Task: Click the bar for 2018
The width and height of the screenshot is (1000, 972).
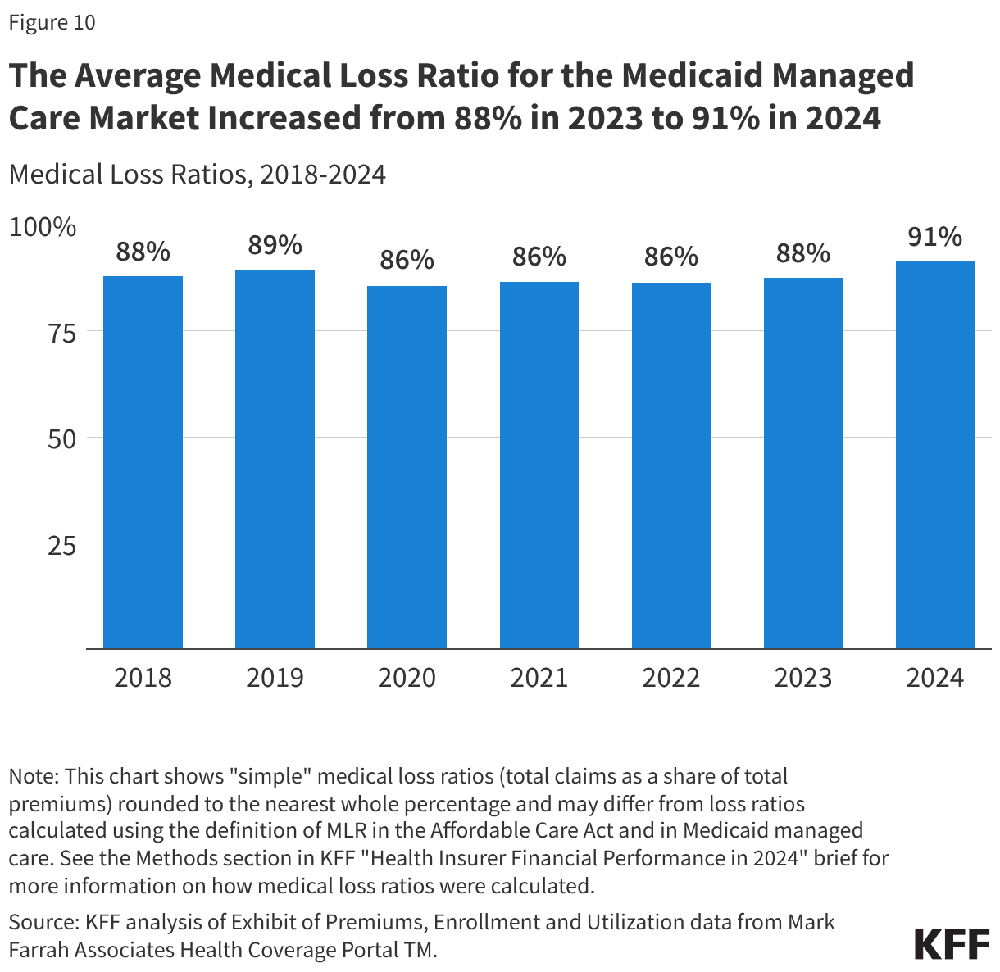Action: click(x=143, y=462)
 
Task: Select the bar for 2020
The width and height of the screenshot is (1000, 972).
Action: click(x=407, y=467)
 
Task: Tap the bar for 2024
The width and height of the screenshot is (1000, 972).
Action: click(x=934, y=455)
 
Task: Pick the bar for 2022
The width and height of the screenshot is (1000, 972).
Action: click(x=670, y=466)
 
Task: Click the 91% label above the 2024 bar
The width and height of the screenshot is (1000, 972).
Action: click(x=934, y=237)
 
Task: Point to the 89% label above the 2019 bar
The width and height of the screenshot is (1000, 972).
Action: click(x=275, y=245)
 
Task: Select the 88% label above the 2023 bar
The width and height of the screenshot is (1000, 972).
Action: click(x=802, y=253)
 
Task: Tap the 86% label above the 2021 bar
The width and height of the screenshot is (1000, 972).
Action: click(x=539, y=257)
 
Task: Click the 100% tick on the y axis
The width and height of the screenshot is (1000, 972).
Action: click(x=43, y=226)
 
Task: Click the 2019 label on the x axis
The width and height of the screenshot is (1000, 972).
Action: click(x=275, y=678)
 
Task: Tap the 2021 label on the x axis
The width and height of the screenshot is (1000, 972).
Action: click(x=539, y=678)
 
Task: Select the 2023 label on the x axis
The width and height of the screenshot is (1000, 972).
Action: click(x=802, y=678)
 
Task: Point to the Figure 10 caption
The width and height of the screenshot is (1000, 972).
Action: click(x=52, y=22)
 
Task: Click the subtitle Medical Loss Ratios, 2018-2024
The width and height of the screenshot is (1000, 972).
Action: click(x=197, y=175)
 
